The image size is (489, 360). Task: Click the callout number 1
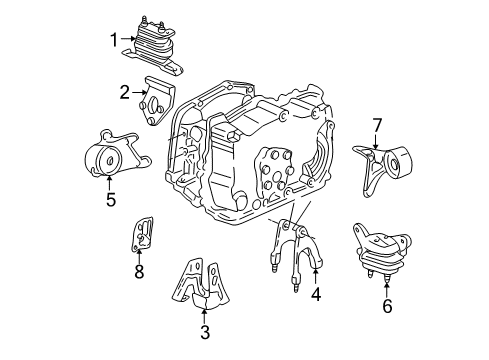[x=114, y=39]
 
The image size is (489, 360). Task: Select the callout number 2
[x=125, y=93]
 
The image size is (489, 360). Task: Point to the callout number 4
[x=315, y=294]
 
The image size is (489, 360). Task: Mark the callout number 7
[x=376, y=125]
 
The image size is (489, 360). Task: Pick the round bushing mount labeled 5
[x=106, y=157]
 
